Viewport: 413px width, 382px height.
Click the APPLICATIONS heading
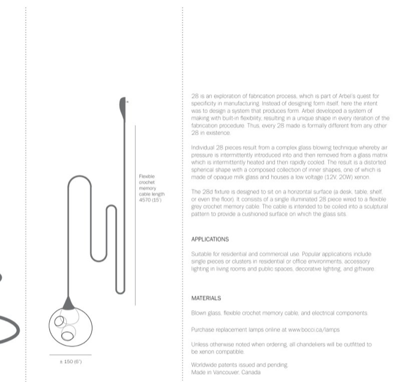pyautogui.click(x=210, y=239)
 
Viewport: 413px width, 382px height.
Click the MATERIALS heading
pyautogui.click(x=206, y=298)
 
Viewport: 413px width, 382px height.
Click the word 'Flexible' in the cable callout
pyautogui.click(x=147, y=176)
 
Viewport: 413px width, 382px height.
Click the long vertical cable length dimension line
pyautogui.click(x=135, y=215)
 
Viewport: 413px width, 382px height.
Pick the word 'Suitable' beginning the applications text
pyautogui.click(x=201, y=253)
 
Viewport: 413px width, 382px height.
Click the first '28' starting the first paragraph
pyautogui.click(x=195, y=96)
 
